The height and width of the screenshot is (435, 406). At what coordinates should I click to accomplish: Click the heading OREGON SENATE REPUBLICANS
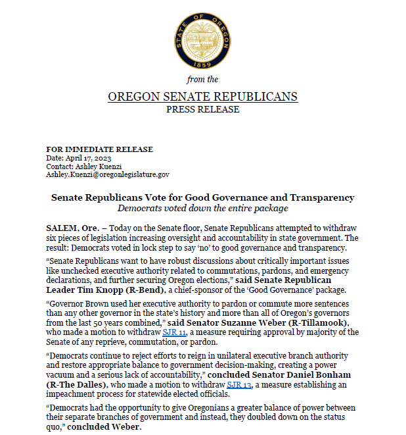pyautogui.click(x=202, y=97)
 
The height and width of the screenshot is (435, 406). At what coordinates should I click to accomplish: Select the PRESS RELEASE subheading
pyautogui.click(x=202, y=109)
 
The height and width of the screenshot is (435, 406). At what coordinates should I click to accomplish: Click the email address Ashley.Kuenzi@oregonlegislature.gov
pyautogui.click(x=108, y=174)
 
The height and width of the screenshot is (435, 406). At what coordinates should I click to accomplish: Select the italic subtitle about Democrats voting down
pyautogui.click(x=202, y=209)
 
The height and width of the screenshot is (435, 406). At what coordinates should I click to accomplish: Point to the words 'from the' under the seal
pyautogui.click(x=202, y=79)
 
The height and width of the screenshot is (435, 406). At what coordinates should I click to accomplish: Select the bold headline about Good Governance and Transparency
pyautogui.click(x=202, y=197)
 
